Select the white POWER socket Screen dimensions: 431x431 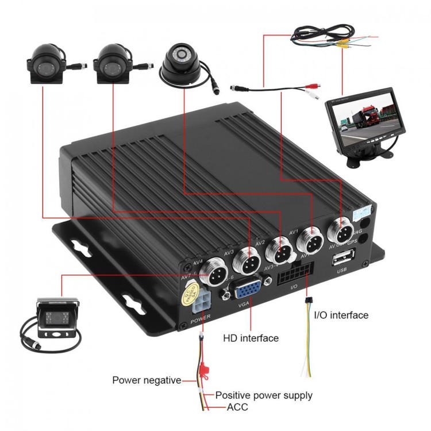[202, 301]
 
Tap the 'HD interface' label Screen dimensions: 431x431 [251, 338]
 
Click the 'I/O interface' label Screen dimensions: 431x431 [341, 315]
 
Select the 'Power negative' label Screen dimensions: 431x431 [147, 380]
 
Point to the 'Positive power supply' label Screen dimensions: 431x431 [264, 395]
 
